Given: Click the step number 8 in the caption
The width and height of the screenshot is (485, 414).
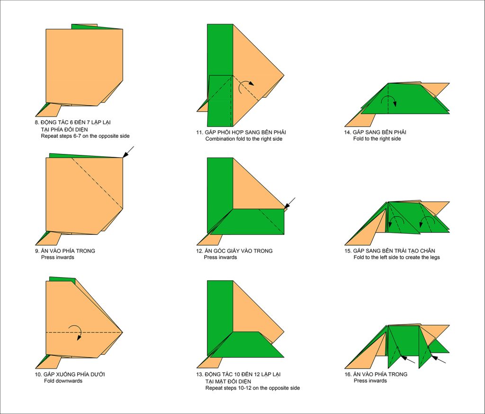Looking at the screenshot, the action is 37,123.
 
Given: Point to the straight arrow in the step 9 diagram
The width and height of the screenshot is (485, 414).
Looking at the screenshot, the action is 128,152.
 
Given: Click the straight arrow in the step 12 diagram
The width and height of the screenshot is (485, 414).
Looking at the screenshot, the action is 289,203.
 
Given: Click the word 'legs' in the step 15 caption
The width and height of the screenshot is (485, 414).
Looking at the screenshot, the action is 434,257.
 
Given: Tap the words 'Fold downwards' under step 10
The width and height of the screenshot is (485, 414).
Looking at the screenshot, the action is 63,381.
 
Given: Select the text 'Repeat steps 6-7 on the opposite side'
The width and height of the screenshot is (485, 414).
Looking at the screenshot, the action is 85,136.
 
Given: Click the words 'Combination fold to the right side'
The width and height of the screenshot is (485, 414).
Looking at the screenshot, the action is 244,139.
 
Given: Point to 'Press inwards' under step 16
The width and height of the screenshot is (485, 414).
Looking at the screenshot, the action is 370,381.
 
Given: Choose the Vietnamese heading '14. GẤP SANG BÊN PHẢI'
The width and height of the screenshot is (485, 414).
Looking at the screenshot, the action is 375,132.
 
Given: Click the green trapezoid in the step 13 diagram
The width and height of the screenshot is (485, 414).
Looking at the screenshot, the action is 247,345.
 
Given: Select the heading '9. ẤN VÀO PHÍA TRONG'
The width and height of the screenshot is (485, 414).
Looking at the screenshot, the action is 65,251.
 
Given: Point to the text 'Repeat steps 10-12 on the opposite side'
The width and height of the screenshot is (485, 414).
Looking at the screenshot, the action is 252,388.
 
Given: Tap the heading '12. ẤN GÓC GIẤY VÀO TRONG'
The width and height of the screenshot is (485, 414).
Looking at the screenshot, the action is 234,251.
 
